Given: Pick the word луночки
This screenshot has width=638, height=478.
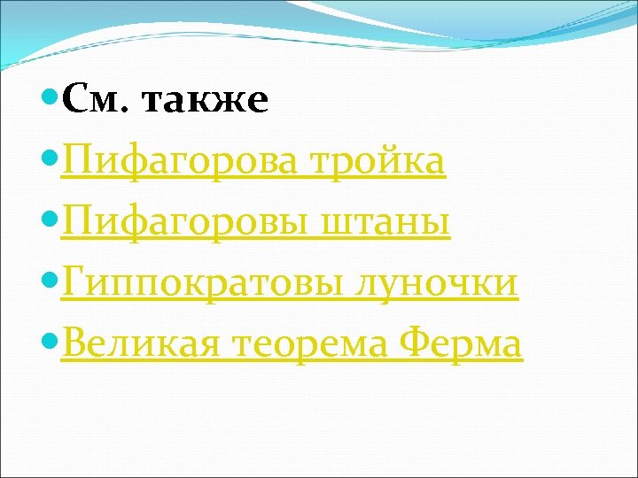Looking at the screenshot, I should (x=437, y=283).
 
